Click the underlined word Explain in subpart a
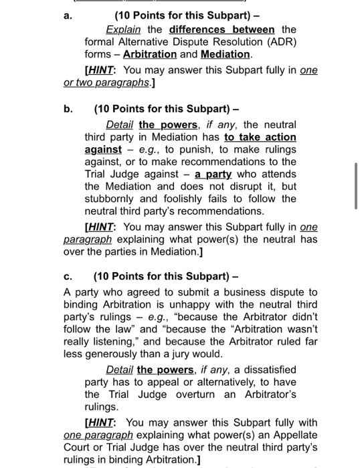click(122, 29)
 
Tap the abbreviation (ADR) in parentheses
click(281, 41)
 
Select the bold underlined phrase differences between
click(221, 29)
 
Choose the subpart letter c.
click(68, 276)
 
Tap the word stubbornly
click(112, 199)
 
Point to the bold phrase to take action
click(260, 137)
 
